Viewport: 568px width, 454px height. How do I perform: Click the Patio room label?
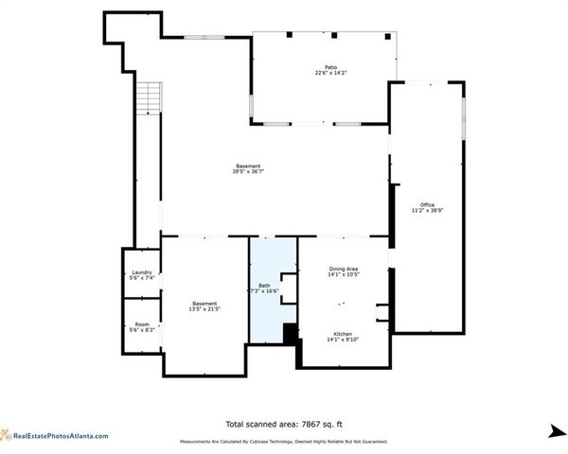tap(331, 67)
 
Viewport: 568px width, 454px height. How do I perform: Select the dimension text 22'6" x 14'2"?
tap(331, 74)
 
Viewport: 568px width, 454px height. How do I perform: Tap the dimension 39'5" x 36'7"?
tap(248, 172)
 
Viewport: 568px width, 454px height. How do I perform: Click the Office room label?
tap(428, 204)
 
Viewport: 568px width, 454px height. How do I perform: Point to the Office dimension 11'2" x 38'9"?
tap(428, 211)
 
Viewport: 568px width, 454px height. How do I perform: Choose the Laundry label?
tap(141, 272)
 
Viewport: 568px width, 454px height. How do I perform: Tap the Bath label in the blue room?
tap(264, 286)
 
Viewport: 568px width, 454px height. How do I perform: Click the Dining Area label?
tap(343, 269)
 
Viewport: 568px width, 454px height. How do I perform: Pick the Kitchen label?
tap(343, 335)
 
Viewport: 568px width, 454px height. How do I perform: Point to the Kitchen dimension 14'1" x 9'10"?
tap(343, 341)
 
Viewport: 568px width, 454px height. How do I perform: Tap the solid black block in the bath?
tap(291, 334)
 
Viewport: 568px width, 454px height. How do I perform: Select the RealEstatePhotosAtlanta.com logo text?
tap(59, 436)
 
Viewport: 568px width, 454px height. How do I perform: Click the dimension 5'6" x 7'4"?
tap(141, 278)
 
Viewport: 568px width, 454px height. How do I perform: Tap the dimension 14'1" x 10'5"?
tap(343, 274)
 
